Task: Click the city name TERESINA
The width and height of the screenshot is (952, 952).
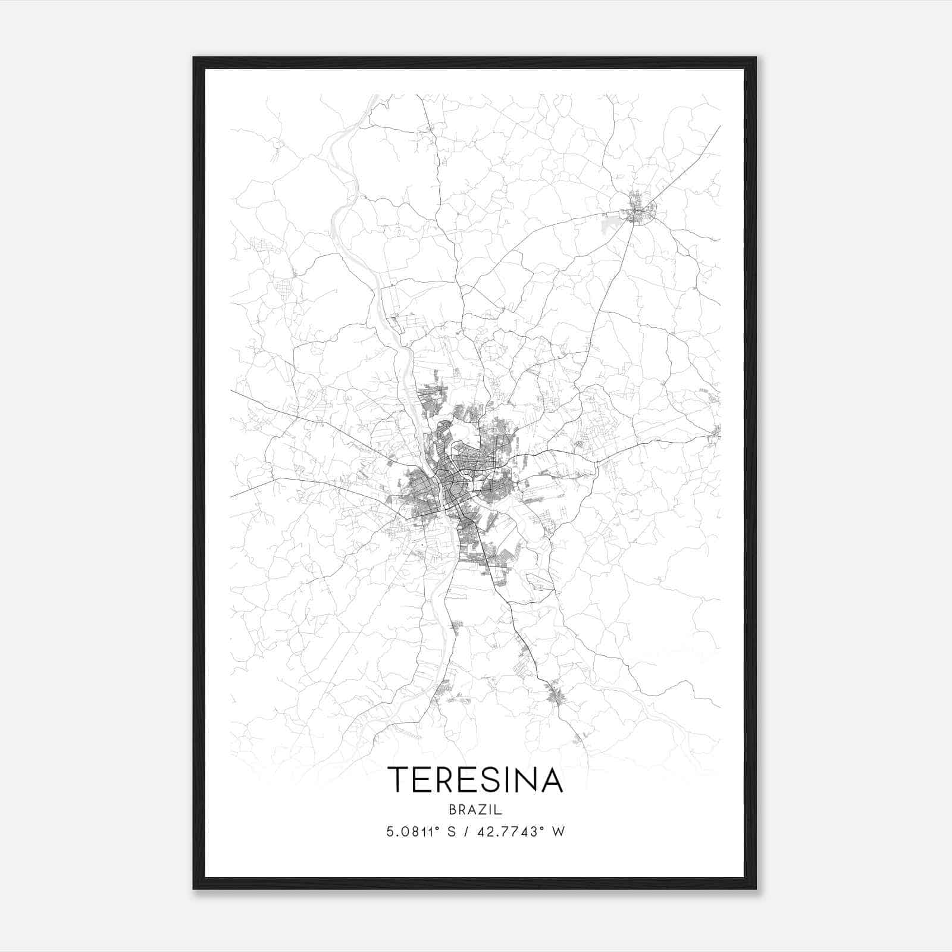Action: point(475,779)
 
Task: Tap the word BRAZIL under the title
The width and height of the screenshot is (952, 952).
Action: point(475,810)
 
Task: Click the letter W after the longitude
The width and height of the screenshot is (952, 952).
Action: point(558,832)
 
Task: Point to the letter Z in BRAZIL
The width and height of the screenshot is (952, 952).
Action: point(485,810)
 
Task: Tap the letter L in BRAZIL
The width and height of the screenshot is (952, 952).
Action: point(499,810)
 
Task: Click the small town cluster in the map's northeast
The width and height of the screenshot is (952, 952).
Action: point(638,211)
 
